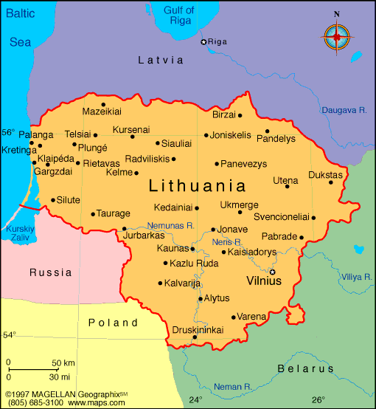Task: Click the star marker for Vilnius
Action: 272,272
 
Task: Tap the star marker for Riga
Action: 204,42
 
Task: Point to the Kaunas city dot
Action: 192,250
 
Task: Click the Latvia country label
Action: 160,60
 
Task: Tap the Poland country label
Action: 113,323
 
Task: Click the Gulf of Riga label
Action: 178,16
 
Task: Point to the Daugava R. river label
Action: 344,110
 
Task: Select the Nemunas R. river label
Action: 170,225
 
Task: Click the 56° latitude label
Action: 8,133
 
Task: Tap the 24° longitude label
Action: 195,400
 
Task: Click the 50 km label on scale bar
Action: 63,363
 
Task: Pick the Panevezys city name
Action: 246,163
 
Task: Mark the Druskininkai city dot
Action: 195,337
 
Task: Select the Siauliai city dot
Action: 157,143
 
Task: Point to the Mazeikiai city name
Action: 102,111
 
